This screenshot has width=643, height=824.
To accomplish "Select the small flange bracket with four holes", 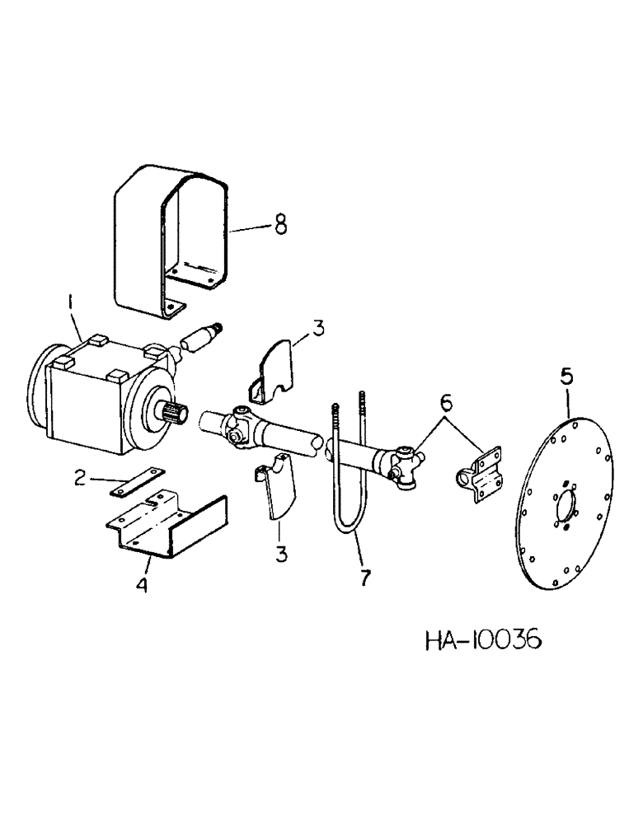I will pos(481,471).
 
